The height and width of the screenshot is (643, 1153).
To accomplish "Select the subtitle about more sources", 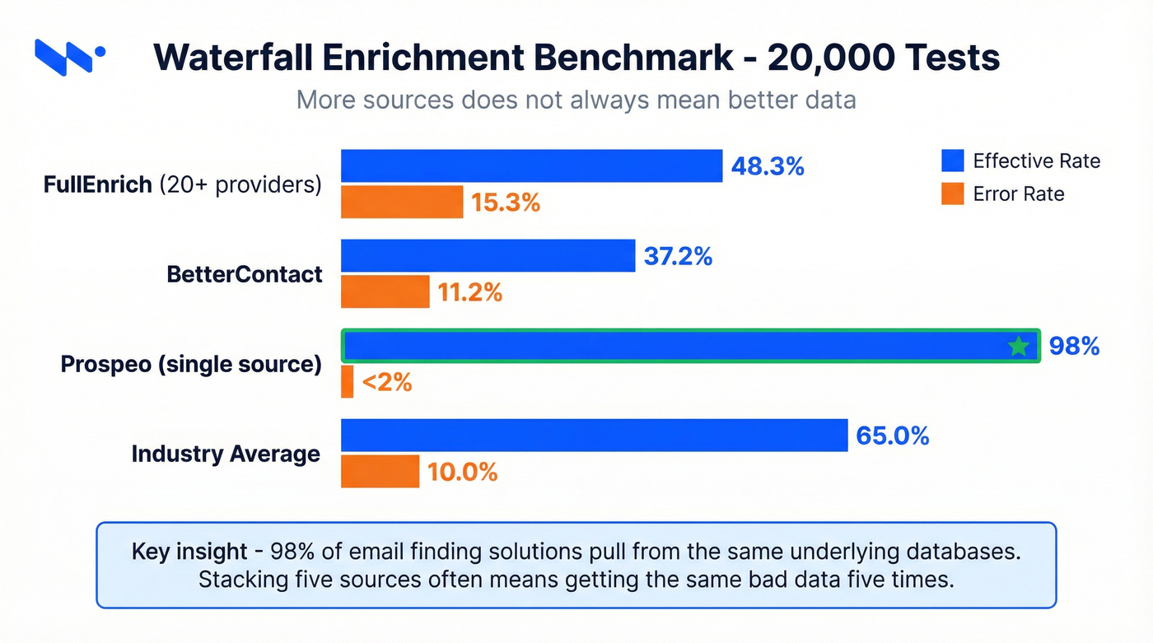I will coord(576,100).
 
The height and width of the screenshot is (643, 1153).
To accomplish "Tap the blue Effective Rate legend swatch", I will coord(952,161).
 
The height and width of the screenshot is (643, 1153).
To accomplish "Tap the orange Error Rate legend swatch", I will coord(952,193).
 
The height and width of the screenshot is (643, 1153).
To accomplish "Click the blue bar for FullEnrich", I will coord(531,165).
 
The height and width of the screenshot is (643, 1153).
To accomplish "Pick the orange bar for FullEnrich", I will coord(402,202).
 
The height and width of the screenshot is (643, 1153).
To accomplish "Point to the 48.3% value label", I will coord(767,166).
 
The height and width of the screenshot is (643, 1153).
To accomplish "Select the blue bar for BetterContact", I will coord(488,255).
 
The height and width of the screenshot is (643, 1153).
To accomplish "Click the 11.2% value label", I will coord(470,291).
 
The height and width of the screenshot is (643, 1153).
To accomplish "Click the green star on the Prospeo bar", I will coord(1019,346).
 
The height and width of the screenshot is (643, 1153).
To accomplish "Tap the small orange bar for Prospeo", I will coord(347,382).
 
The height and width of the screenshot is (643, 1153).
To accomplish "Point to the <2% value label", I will coord(386,382).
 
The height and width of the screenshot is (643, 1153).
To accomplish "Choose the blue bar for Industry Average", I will coord(594,435).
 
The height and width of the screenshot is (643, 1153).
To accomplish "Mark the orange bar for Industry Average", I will coord(380,471).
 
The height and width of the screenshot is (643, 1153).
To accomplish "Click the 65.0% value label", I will coord(892,435).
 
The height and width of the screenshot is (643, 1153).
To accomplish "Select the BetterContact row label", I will coord(245,273).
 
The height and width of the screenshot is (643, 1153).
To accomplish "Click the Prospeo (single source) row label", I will coord(191,364).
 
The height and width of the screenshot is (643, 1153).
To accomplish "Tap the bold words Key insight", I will coord(189,551).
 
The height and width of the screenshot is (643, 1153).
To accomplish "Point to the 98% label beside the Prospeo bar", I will coord(1074,346).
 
